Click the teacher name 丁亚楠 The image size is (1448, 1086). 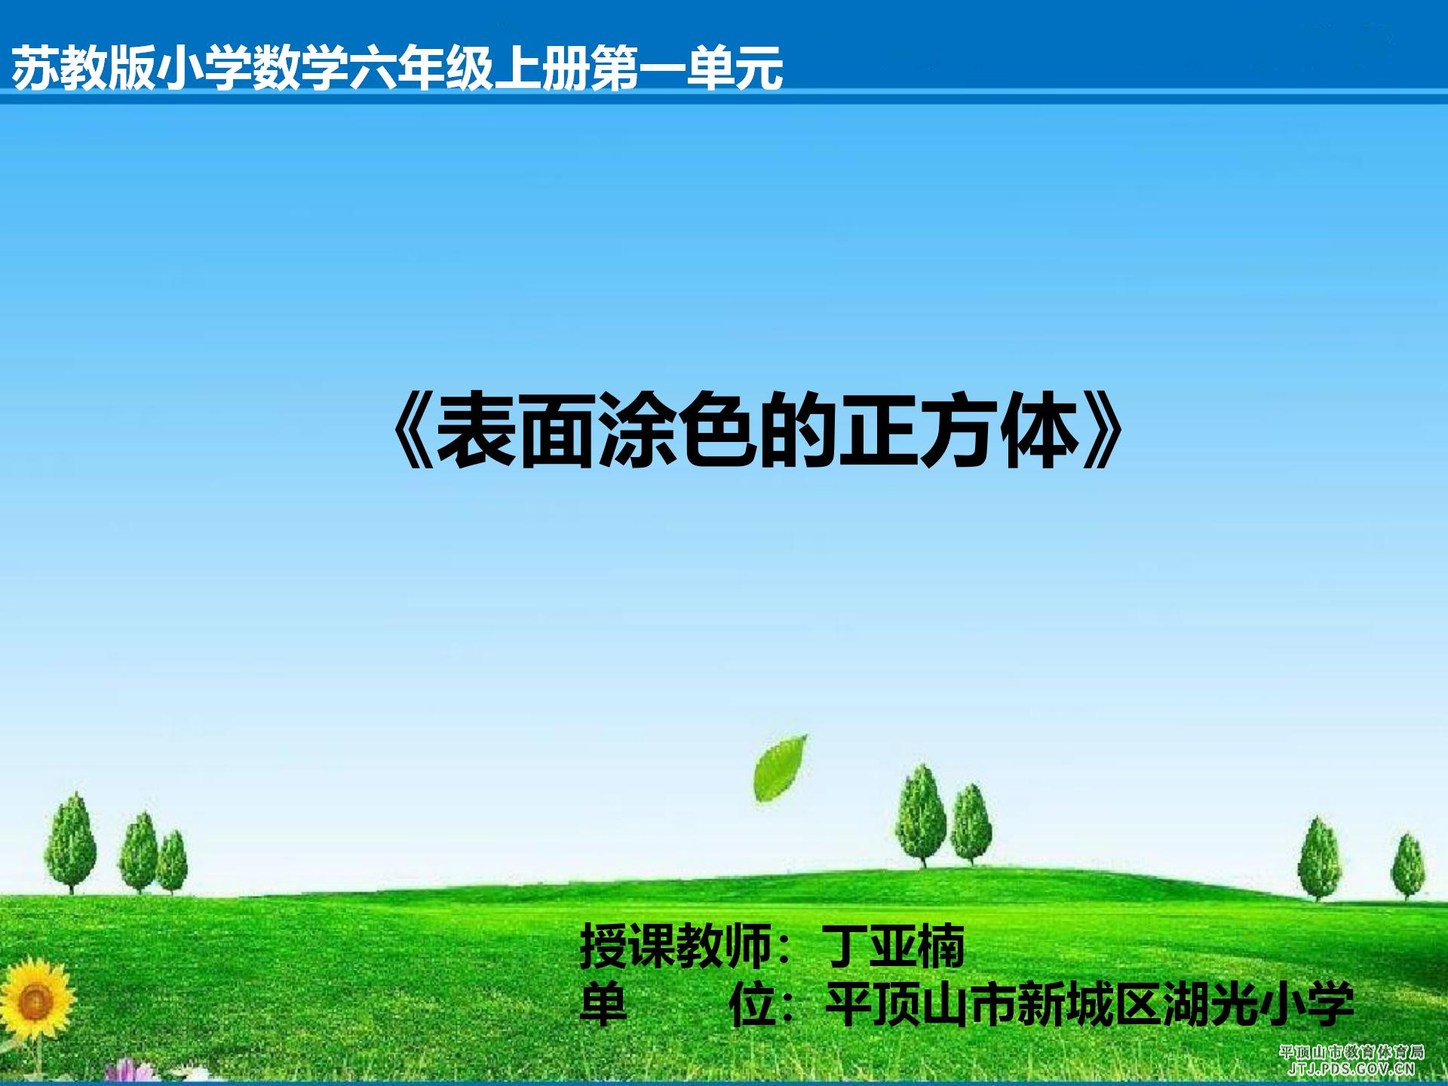click(892, 946)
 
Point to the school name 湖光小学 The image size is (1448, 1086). click(1259, 1004)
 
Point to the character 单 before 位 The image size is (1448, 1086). click(603, 1004)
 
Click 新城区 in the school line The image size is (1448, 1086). click(1090, 1004)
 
